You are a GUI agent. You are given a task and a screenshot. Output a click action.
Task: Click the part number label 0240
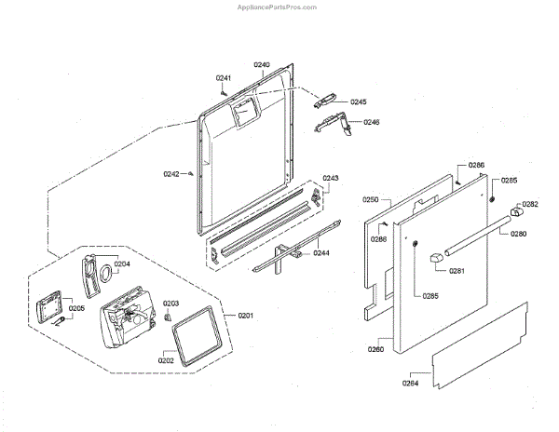click(262, 65)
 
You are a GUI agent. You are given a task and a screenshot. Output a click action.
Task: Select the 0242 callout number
click(171, 173)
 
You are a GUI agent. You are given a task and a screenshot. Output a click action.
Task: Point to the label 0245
click(359, 101)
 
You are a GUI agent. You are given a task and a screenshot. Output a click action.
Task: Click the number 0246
click(372, 122)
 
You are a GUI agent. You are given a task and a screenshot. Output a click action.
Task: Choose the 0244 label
click(320, 253)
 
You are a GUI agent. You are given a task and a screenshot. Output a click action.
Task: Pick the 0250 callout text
click(370, 199)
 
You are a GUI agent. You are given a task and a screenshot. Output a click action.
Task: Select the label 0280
click(518, 234)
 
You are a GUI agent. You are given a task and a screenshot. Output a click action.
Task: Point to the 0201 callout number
click(245, 316)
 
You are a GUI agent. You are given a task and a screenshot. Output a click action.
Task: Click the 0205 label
click(77, 309)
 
